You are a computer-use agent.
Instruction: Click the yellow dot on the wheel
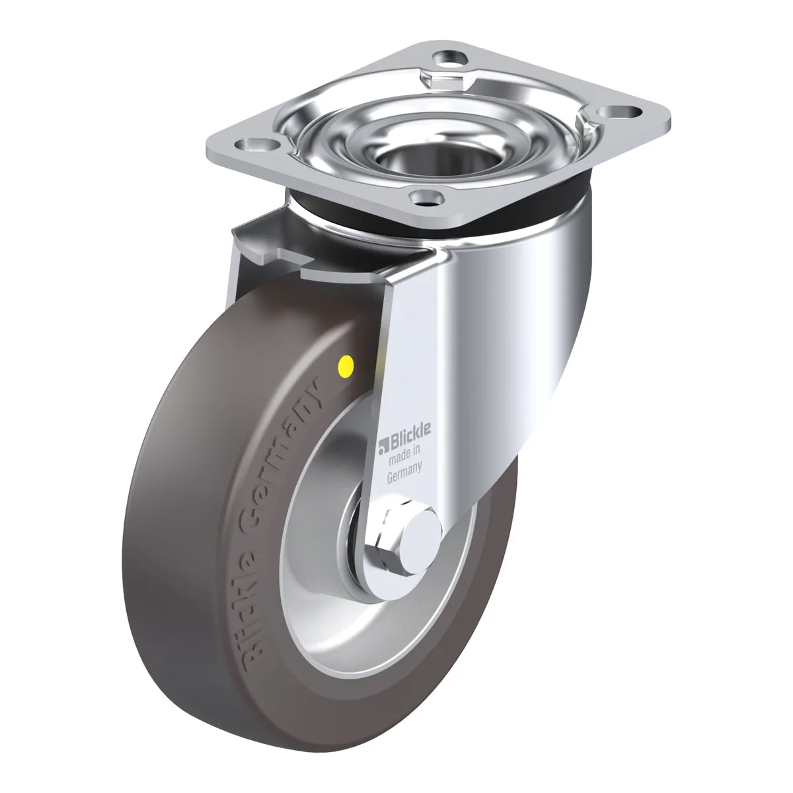point(345,363)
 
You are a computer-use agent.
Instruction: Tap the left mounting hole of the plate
point(254,145)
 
